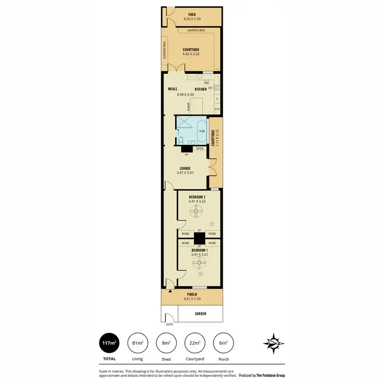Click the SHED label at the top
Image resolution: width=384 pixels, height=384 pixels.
[192, 14]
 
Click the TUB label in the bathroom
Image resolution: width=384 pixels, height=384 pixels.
[202, 131]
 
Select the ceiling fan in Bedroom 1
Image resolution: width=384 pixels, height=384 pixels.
[198, 263]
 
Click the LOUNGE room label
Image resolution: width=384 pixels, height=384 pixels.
[185, 168]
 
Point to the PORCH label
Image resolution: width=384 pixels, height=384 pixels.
[192, 294]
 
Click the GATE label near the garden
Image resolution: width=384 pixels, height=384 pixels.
[169, 324]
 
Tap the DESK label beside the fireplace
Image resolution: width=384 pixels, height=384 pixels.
[199, 148]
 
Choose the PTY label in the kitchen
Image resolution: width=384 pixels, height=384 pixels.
[217, 109]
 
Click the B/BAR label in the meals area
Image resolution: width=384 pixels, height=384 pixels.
[188, 106]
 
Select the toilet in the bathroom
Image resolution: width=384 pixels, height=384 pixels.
[180, 140]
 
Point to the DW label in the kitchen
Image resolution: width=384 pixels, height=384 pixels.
[206, 82]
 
